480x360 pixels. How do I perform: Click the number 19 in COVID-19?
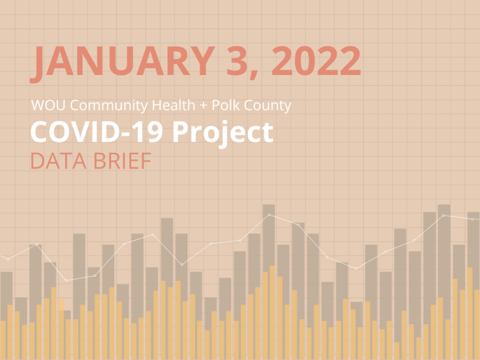point(151,132)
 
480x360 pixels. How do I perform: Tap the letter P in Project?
point(181,132)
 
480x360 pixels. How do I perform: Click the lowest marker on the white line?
point(66,280)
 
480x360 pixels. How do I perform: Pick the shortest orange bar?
point(397,351)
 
